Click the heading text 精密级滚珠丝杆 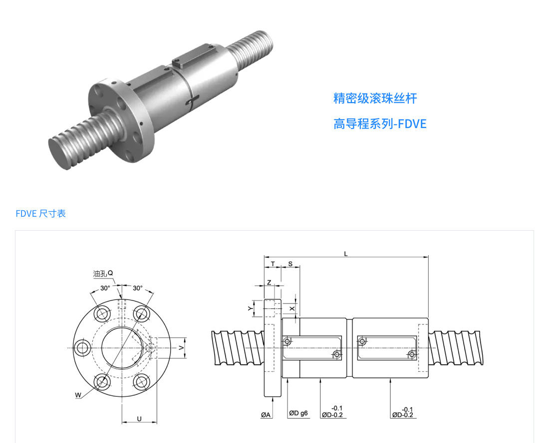[x=375, y=98]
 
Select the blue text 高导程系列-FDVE [x=380, y=124]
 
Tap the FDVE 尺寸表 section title [x=40, y=214]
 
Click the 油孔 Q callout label [x=103, y=274]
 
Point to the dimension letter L [x=345, y=254]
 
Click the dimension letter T [x=273, y=264]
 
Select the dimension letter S [x=290, y=264]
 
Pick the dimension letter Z [x=269, y=282]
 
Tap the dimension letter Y [x=250, y=308]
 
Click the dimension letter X [x=292, y=309]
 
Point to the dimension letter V [x=181, y=348]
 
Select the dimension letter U [x=139, y=419]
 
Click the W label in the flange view [x=78, y=395]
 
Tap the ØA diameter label [x=266, y=415]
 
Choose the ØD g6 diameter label [x=298, y=413]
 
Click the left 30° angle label [x=105, y=288]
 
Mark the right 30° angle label [x=138, y=288]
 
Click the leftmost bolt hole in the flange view [x=83, y=348]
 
